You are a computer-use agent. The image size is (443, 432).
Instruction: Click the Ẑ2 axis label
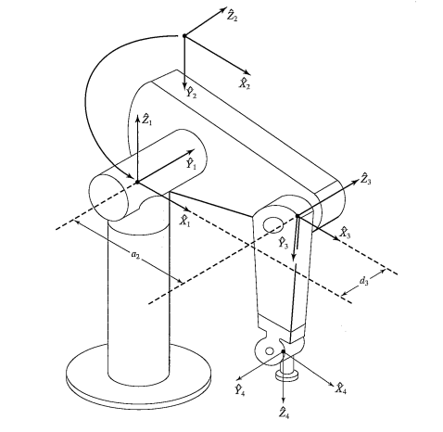click(x=233, y=16)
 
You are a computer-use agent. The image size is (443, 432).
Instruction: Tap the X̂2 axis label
click(x=245, y=83)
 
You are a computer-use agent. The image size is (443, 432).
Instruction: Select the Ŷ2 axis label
click(x=191, y=93)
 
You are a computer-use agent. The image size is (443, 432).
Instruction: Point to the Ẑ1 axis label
click(x=146, y=120)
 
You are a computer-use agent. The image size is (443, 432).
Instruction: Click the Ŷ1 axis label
click(x=191, y=163)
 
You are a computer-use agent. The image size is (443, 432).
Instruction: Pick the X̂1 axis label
click(x=185, y=221)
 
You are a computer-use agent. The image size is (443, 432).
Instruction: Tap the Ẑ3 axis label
click(x=366, y=179)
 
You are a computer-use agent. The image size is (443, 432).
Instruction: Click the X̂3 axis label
click(x=345, y=233)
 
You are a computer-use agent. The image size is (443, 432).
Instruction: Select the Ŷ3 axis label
click(x=283, y=243)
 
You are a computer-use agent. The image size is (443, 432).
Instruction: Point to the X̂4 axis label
click(x=341, y=388)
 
